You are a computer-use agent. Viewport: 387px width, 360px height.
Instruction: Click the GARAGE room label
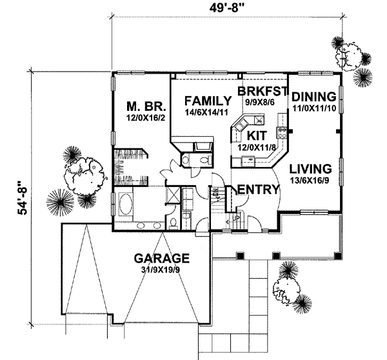162,259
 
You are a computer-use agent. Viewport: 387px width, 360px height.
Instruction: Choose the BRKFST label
261,90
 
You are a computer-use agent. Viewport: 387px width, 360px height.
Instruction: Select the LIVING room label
310,168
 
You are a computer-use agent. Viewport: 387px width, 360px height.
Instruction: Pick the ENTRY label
258,190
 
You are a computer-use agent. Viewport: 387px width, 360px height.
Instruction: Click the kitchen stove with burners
282,134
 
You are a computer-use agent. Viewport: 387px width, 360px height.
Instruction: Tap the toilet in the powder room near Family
202,160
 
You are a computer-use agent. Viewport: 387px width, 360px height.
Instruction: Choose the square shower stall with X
174,194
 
